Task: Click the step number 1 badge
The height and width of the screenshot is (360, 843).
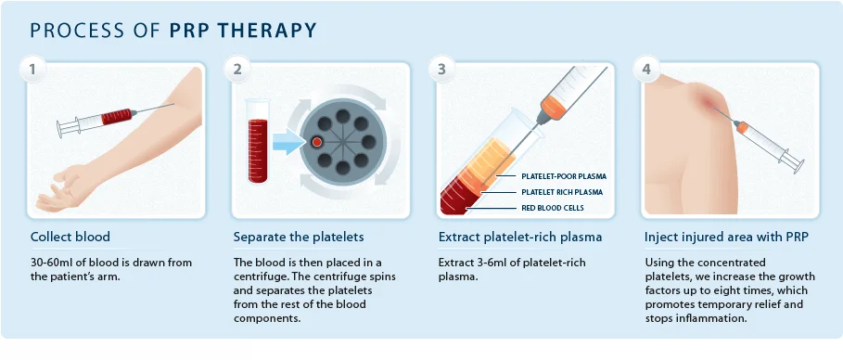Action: click(x=32, y=70)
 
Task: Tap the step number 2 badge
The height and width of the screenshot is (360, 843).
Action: click(x=237, y=70)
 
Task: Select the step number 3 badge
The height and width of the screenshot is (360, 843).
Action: click(x=442, y=70)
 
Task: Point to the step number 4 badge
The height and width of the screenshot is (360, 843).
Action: click(x=646, y=70)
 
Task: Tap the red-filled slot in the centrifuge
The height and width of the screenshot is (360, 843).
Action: click(x=317, y=142)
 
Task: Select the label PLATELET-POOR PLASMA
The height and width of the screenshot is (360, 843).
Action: click(x=564, y=176)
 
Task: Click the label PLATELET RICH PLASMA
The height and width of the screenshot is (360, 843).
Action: click(x=562, y=192)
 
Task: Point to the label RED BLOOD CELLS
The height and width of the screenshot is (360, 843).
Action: click(x=553, y=208)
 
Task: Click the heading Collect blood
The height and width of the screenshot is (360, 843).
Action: click(x=70, y=237)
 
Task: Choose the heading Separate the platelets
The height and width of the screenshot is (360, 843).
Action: click(x=299, y=237)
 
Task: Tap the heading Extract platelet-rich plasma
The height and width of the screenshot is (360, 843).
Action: click(x=520, y=237)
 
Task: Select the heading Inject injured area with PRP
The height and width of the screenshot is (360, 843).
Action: click(x=726, y=237)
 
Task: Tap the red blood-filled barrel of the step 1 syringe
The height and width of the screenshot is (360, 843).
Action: click(x=116, y=117)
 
